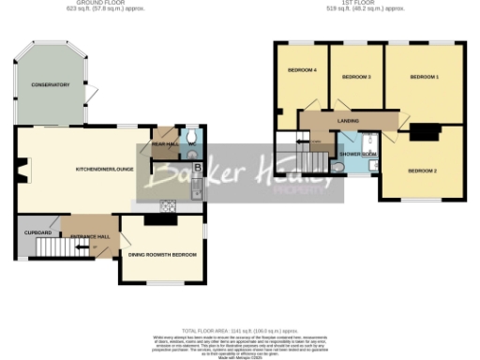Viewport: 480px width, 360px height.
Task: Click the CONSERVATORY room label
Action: click(50, 85)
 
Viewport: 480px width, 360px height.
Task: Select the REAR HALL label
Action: click(164, 144)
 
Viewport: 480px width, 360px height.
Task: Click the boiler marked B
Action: click(197, 168)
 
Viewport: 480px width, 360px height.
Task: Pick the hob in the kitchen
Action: click(169, 205)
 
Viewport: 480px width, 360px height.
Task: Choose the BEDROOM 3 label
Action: click(356, 76)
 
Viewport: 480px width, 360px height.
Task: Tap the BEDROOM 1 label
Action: click(425, 76)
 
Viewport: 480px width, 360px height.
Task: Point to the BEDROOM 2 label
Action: click(423, 171)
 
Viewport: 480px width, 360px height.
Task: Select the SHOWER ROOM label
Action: click(357, 153)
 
